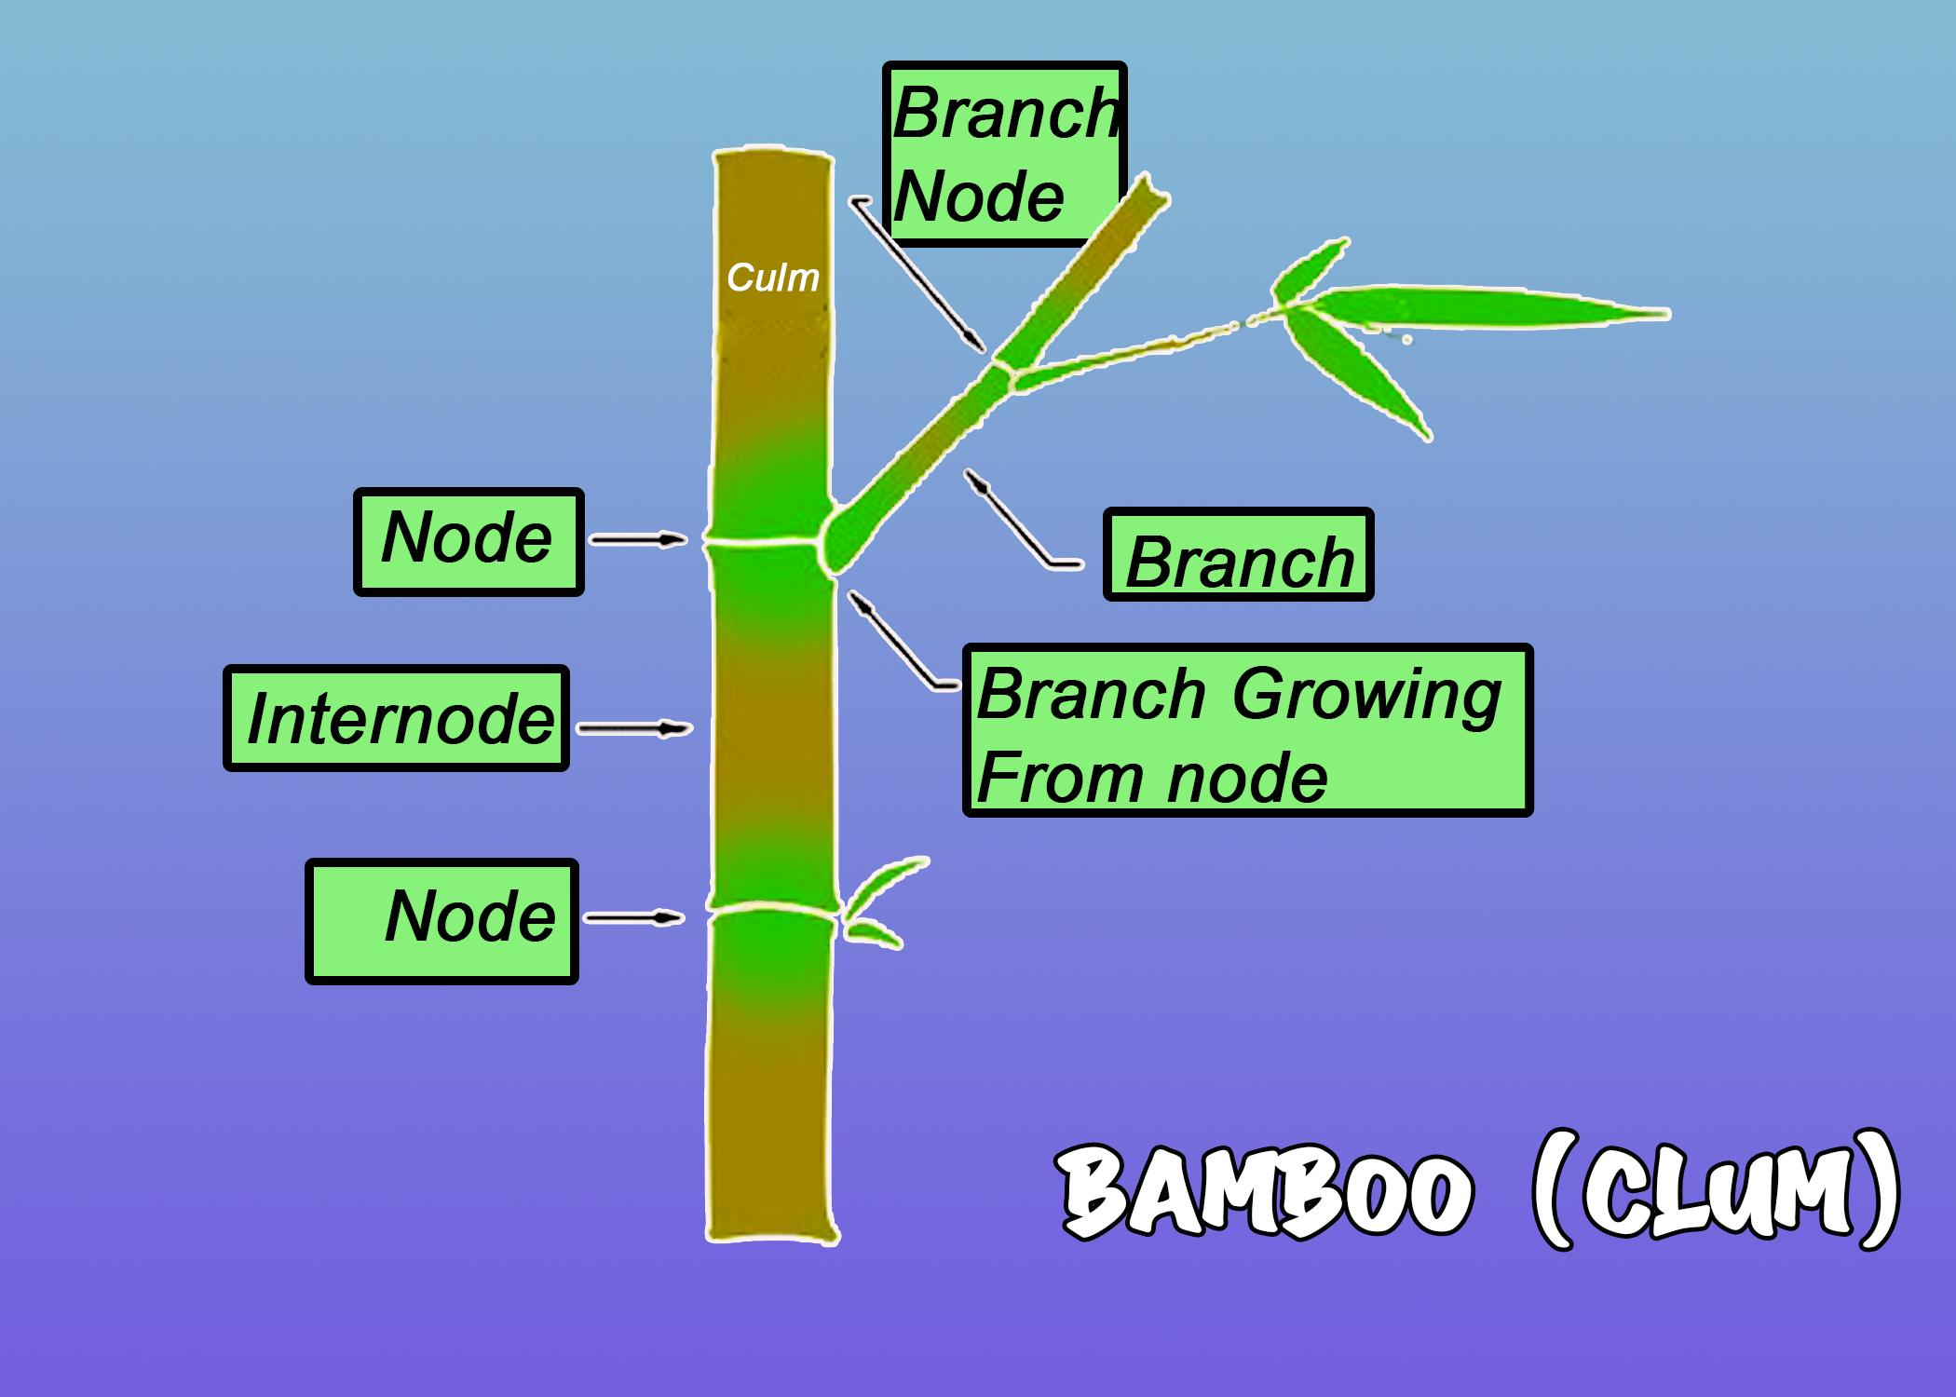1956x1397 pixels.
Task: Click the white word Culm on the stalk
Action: (772, 278)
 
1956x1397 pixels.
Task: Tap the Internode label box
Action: (396, 718)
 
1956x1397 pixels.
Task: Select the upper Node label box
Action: (469, 541)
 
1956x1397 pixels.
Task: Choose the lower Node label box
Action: (442, 920)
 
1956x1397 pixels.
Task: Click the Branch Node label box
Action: (1004, 155)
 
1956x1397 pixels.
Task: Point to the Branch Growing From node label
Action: (1246, 730)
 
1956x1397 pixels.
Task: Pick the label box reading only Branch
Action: (1238, 555)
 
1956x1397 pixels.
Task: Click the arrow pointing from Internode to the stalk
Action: (634, 728)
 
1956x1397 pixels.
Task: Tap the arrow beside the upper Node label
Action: (639, 539)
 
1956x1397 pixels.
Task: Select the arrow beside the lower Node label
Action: (633, 918)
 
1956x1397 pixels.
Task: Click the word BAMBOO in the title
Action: (1267, 1192)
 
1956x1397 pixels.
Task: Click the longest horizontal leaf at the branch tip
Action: (1490, 309)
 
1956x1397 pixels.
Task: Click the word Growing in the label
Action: (1366, 697)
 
